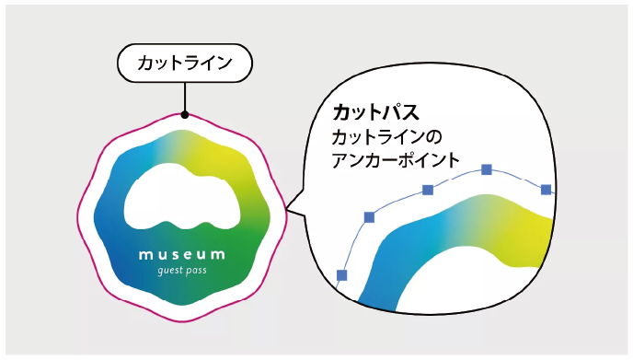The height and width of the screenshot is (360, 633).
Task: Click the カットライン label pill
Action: (x=185, y=64)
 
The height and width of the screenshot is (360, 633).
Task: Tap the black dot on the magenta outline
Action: (x=185, y=115)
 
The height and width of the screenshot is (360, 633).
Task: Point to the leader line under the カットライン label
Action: (x=185, y=97)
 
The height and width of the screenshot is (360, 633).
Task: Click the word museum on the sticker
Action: (x=181, y=255)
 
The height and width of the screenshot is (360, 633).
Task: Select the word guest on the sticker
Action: (x=171, y=271)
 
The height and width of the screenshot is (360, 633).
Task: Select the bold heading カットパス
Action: (x=375, y=112)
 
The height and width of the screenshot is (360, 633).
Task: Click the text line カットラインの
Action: (x=386, y=137)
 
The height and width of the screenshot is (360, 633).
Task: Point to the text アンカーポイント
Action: (x=396, y=160)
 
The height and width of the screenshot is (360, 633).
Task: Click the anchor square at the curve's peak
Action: (x=487, y=169)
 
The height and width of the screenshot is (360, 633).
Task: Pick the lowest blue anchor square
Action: (x=342, y=275)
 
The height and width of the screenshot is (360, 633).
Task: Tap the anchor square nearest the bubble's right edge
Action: (x=546, y=189)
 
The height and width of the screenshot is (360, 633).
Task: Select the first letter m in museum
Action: (x=144, y=255)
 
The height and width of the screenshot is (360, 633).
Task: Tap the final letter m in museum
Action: (x=218, y=255)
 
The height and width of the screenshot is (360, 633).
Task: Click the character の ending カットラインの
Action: (x=433, y=137)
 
